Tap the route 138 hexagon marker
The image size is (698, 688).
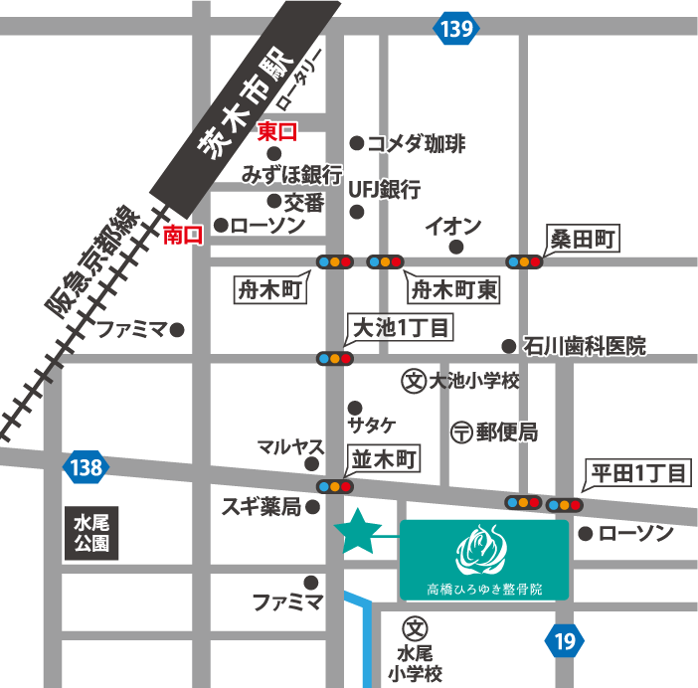coord(87,467)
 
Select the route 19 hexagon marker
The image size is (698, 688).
coord(565,642)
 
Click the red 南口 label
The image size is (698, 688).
coord(183,236)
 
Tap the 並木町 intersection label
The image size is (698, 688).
coord(384,457)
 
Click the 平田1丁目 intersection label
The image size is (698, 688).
coord(636,473)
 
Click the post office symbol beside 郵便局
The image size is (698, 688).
coord(460,432)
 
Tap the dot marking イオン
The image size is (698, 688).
coord(456,247)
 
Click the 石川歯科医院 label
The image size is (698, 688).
coord(586,346)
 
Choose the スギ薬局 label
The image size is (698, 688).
coord(262,508)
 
